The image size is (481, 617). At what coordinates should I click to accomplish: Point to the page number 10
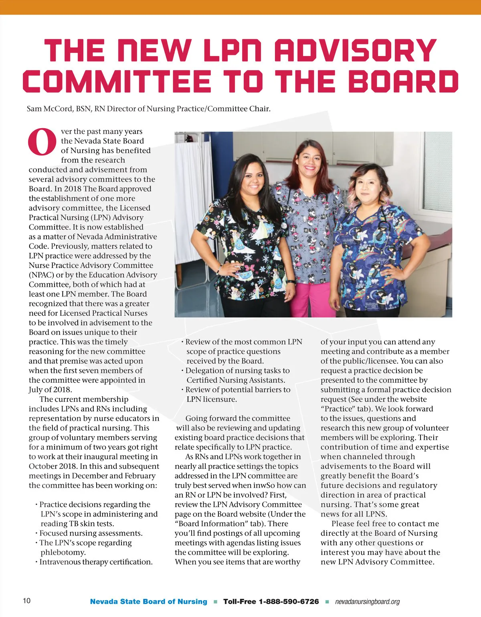[x=26, y=601]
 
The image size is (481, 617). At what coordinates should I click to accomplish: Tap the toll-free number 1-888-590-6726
[x=289, y=601]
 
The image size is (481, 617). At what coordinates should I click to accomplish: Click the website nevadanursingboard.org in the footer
[x=367, y=602]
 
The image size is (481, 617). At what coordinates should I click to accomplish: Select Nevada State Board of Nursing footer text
[x=148, y=601]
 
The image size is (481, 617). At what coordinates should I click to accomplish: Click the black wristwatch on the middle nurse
[x=291, y=282]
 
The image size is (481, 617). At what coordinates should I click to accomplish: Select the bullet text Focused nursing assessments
[x=91, y=533]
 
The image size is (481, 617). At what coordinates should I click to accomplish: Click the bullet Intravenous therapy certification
[x=96, y=562]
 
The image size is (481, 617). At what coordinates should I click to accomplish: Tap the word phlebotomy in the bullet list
[x=63, y=552]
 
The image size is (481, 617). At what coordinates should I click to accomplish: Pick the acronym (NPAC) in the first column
[x=42, y=275]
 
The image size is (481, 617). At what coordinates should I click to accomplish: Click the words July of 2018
[x=51, y=389]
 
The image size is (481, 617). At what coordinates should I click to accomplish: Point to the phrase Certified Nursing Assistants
[x=236, y=380]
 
